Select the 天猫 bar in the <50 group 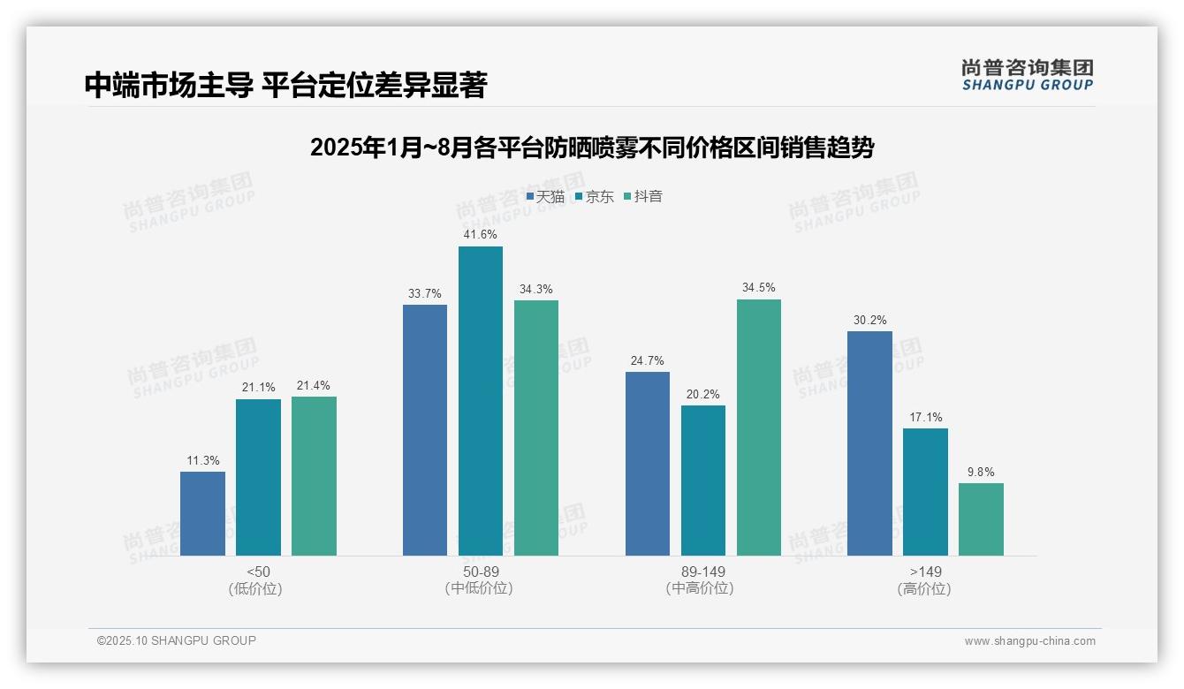(202, 513)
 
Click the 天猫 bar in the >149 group (869, 443)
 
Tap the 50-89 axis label (480, 572)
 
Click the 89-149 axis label (702, 572)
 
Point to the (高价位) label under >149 (924, 588)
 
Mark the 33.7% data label (425, 294)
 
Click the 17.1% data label (924, 418)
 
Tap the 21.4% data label (314, 386)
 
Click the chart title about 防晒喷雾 (591, 148)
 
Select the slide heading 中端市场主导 (285, 85)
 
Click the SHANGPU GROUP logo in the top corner (1027, 75)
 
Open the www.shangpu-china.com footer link (1029, 641)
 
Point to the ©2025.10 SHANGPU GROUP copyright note (177, 640)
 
